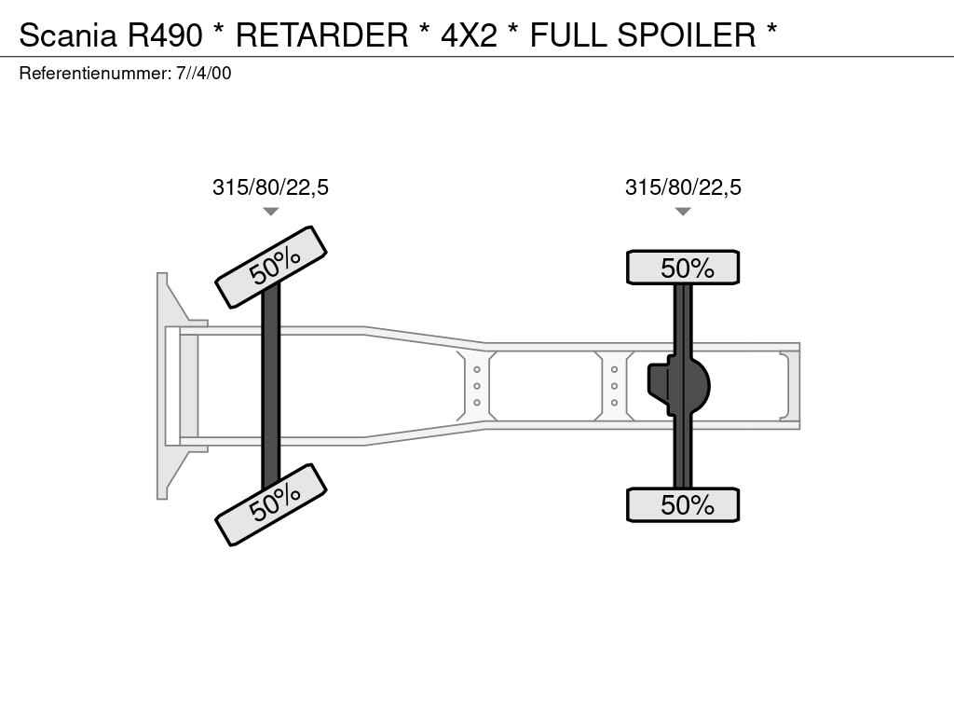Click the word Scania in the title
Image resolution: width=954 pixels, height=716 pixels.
[67, 34]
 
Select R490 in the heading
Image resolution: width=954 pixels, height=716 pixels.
[164, 34]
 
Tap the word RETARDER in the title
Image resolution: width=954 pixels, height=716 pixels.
[321, 34]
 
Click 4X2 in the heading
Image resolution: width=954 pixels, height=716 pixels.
[469, 34]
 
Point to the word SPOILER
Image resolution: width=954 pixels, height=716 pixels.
[687, 34]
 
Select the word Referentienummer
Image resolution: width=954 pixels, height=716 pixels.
[95, 73]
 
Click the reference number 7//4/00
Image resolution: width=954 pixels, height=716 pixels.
[204, 73]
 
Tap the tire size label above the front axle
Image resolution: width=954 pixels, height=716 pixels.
[270, 186]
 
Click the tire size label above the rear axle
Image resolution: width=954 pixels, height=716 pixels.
[683, 186]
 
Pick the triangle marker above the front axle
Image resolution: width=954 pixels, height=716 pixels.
[271, 212]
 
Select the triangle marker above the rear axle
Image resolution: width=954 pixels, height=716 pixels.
[683, 212]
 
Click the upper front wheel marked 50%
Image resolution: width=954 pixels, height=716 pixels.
[271, 267]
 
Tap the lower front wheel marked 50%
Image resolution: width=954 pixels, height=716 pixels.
[271, 504]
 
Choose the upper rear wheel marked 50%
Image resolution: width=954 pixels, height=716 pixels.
[683, 268]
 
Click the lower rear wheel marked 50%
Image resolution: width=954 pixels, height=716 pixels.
[683, 504]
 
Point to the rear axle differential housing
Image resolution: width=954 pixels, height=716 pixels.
[678, 385]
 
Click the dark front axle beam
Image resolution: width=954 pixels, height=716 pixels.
[271, 385]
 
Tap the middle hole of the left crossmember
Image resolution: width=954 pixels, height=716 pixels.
[477, 386]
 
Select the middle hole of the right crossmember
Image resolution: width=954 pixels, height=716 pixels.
[615, 386]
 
